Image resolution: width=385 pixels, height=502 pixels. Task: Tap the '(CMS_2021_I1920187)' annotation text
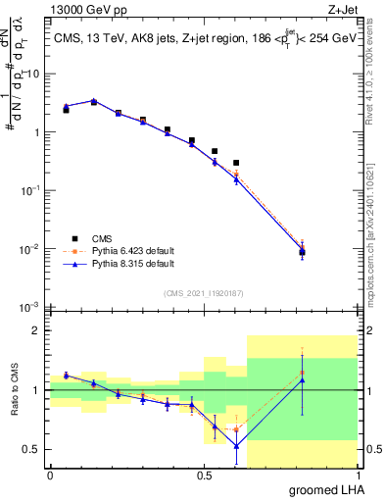pos(203,292)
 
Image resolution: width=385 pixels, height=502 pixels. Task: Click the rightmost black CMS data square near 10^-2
pos(302,252)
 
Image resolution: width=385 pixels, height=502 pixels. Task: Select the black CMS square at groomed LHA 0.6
pos(236,163)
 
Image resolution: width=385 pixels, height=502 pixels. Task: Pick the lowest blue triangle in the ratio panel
pos(236,446)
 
